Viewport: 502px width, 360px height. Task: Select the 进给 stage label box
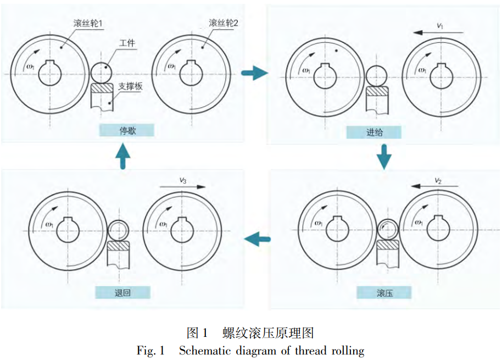coord(373,132)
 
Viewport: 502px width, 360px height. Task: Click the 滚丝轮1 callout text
coord(90,24)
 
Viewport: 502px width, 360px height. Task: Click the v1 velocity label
coord(440,25)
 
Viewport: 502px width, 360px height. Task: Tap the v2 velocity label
coord(438,179)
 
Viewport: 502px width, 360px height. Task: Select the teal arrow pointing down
coord(384,157)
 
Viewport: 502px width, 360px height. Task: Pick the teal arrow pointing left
coord(258,238)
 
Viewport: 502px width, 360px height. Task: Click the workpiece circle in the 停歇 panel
coord(101,71)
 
